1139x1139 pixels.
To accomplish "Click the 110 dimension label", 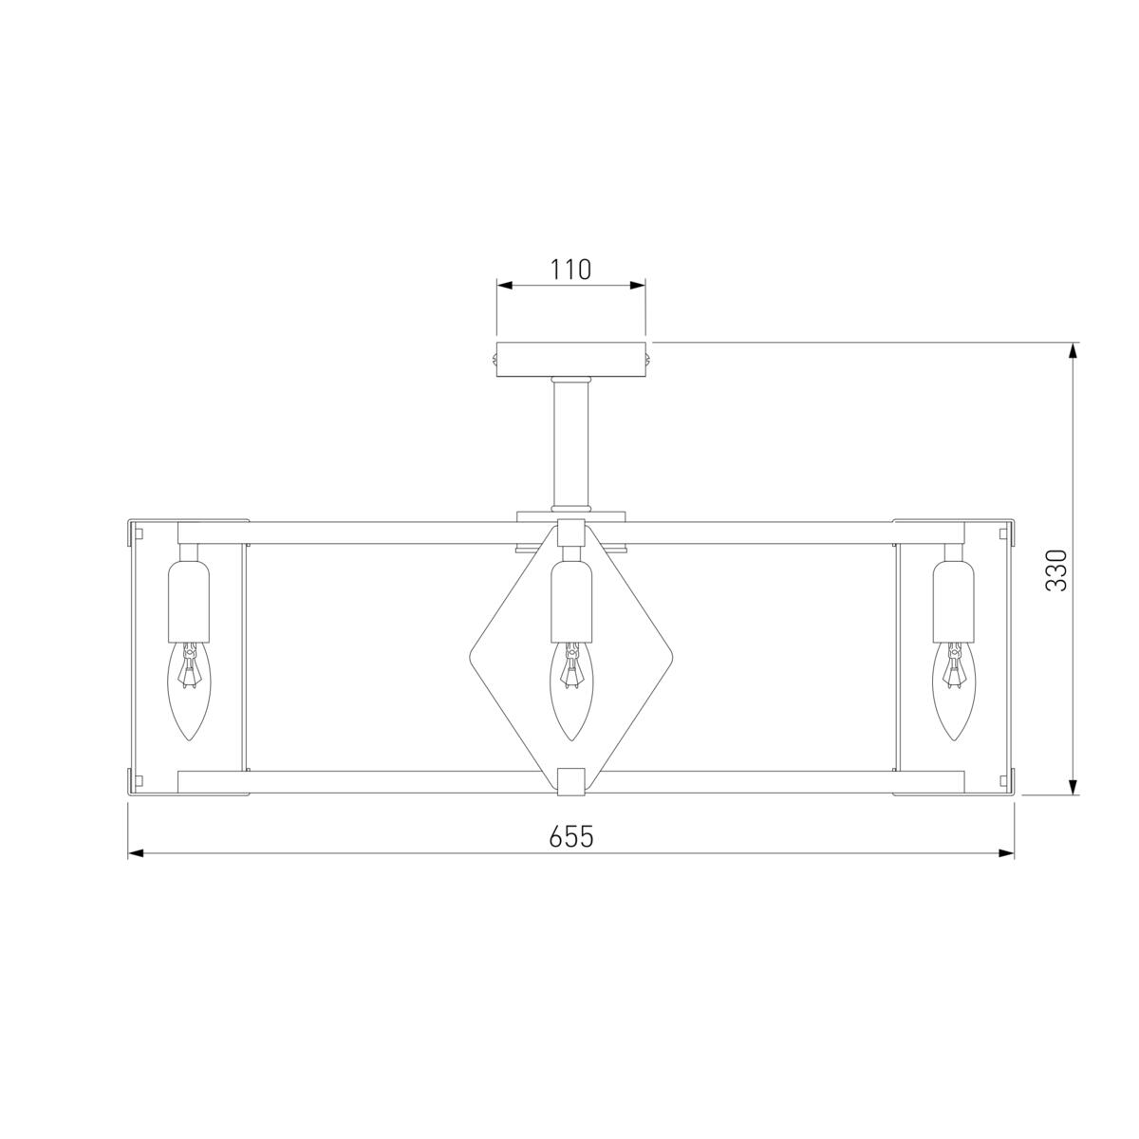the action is coord(570,270).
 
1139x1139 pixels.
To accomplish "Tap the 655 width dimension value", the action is coord(570,836).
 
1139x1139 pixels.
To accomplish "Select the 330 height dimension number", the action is coord(1056,570).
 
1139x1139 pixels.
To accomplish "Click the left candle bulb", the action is coord(189,691).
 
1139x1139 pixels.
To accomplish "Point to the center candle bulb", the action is coord(571,691).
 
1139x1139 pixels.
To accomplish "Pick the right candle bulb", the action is coord(953,691).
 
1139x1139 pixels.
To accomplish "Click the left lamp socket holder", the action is coord(189,601).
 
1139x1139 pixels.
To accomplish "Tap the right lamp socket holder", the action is coord(953,601).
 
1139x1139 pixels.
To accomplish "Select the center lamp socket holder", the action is coord(571,601).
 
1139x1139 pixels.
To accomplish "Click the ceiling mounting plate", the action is coord(570,360).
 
